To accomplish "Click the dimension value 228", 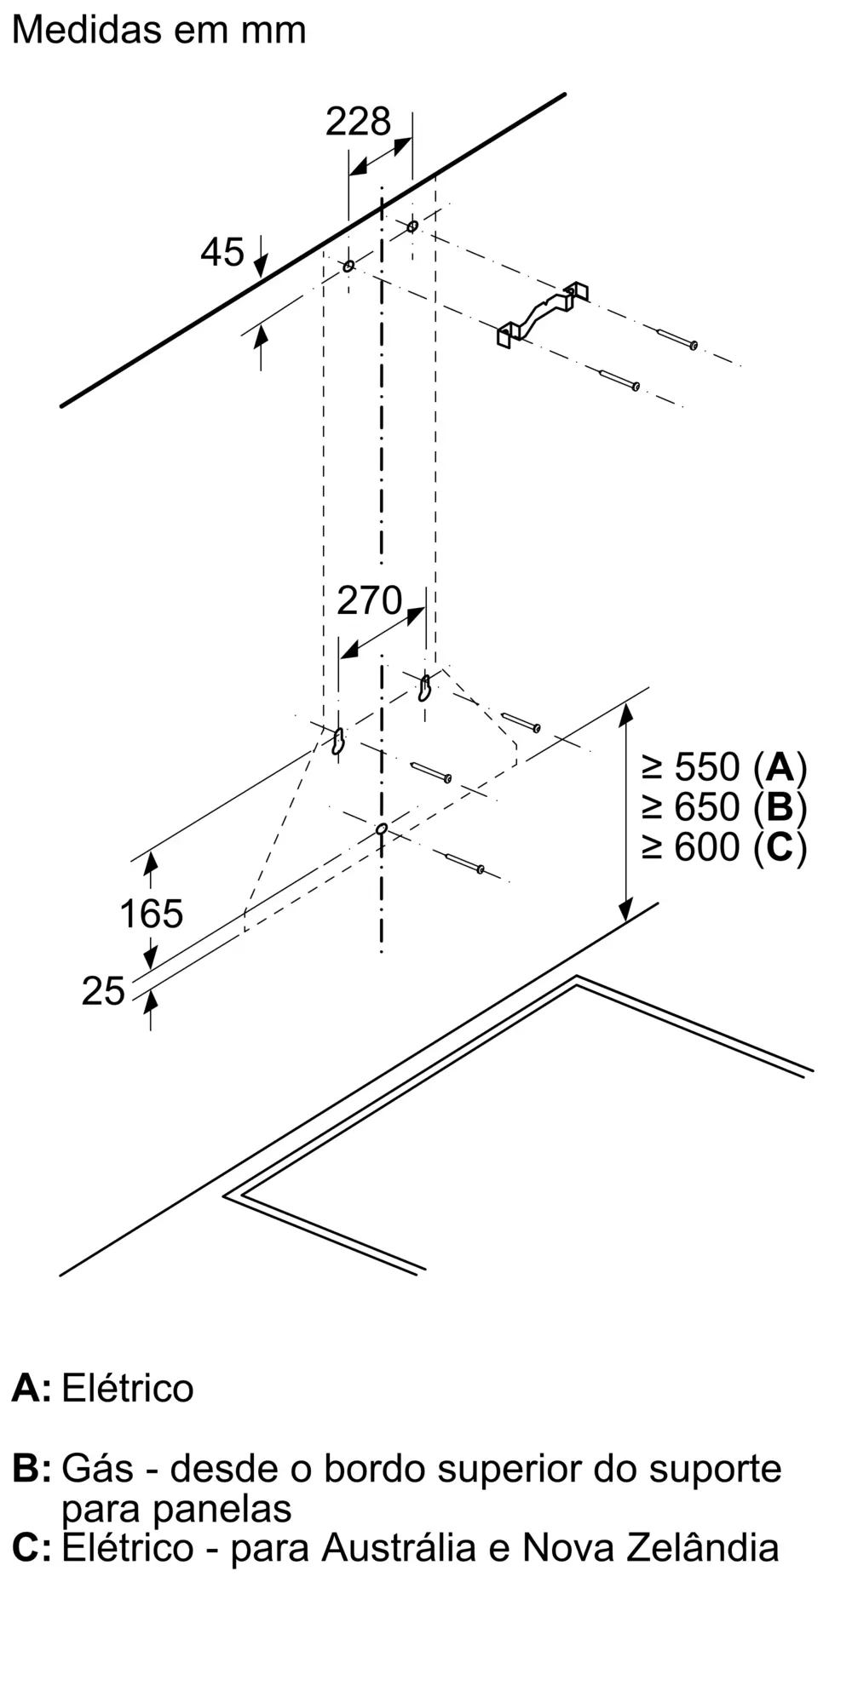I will tap(358, 122).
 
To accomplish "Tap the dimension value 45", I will tap(222, 252).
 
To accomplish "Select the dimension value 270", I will tap(369, 601).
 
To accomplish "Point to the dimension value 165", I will tap(151, 914).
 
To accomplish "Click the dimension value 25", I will tap(103, 991).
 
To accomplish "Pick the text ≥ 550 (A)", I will tap(724, 767).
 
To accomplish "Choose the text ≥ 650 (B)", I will tap(724, 806).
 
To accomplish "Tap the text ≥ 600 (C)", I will tap(724, 846).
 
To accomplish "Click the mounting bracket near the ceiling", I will tap(543, 313).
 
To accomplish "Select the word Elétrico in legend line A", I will tap(128, 1388).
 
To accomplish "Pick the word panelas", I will tap(222, 1508).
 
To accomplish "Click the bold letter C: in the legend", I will tap(32, 1547).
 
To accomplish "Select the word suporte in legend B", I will tap(715, 1470).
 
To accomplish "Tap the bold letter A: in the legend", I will tap(32, 1388).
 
